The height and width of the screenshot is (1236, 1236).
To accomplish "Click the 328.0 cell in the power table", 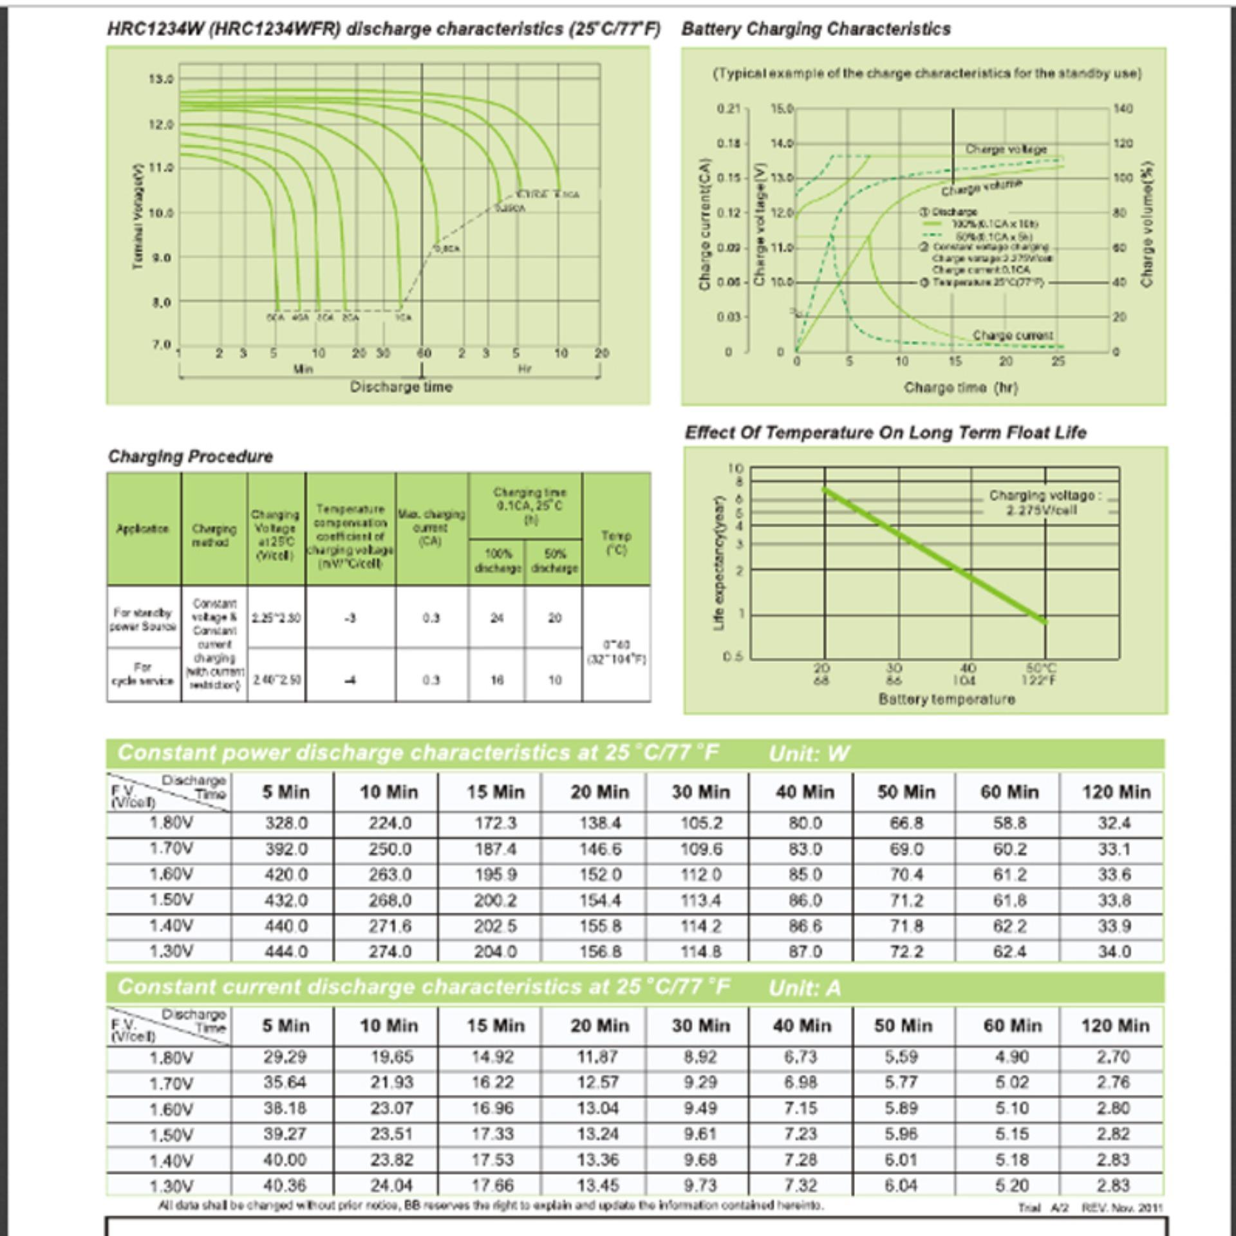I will pyautogui.click(x=286, y=823).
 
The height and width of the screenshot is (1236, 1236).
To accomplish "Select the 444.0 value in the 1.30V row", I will pyautogui.click(x=286, y=951).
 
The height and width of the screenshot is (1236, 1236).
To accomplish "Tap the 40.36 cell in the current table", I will pyautogui.click(x=285, y=1185).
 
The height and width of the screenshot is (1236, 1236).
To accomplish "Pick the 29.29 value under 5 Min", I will pyautogui.click(x=285, y=1057).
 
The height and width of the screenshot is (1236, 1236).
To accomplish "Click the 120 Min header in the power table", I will pyautogui.click(x=1116, y=792).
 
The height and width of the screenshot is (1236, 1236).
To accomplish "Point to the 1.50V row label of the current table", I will pyautogui.click(x=171, y=1134).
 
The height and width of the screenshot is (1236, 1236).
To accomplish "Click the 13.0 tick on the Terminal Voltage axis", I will pyautogui.click(x=161, y=79).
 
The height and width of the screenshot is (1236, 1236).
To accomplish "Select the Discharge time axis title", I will pyautogui.click(x=401, y=387).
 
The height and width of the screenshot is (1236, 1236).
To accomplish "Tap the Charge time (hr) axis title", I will pyautogui.click(x=960, y=387).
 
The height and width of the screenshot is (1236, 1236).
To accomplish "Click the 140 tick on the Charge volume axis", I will pyautogui.click(x=1123, y=108).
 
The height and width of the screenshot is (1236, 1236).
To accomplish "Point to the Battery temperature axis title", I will pyautogui.click(x=946, y=699).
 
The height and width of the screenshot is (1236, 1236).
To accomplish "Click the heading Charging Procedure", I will pyautogui.click(x=191, y=456).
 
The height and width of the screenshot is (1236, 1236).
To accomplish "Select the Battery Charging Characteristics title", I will pyautogui.click(x=816, y=29).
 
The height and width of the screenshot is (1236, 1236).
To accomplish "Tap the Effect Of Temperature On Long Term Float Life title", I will pyautogui.click(x=885, y=433).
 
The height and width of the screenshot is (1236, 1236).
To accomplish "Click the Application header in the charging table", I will pyautogui.click(x=142, y=529).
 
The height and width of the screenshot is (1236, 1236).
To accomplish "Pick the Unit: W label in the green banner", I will pyautogui.click(x=809, y=753).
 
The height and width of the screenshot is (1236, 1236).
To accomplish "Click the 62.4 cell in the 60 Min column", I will pyautogui.click(x=1009, y=951).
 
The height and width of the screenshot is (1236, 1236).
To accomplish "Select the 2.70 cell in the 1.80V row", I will pyautogui.click(x=1113, y=1057).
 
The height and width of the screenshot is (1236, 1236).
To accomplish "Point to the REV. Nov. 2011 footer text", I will pyautogui.click(x=1122, y=1208).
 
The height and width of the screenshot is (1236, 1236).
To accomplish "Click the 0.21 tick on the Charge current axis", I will pyautogui.click(x=729, y=108).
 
